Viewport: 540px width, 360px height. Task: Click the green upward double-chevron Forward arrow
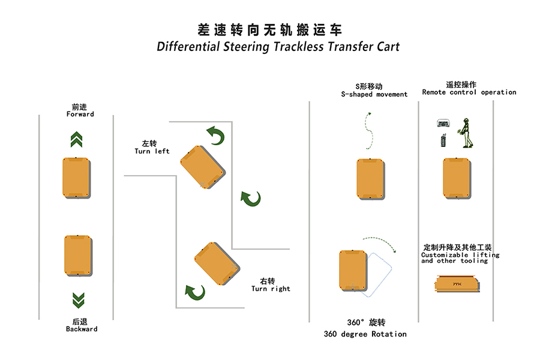click(77, 140)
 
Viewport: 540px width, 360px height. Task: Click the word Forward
click(80, 114)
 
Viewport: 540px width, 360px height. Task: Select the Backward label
click(82, 329)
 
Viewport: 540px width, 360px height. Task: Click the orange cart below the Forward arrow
click(77, 177)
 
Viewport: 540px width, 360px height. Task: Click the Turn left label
click(152, 151)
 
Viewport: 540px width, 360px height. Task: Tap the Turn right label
click(271, 289)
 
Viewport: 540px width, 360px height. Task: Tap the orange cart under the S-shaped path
click(370, 179)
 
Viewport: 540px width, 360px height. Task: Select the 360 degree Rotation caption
click(365, 334)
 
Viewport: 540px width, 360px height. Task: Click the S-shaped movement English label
click(374, 94)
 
